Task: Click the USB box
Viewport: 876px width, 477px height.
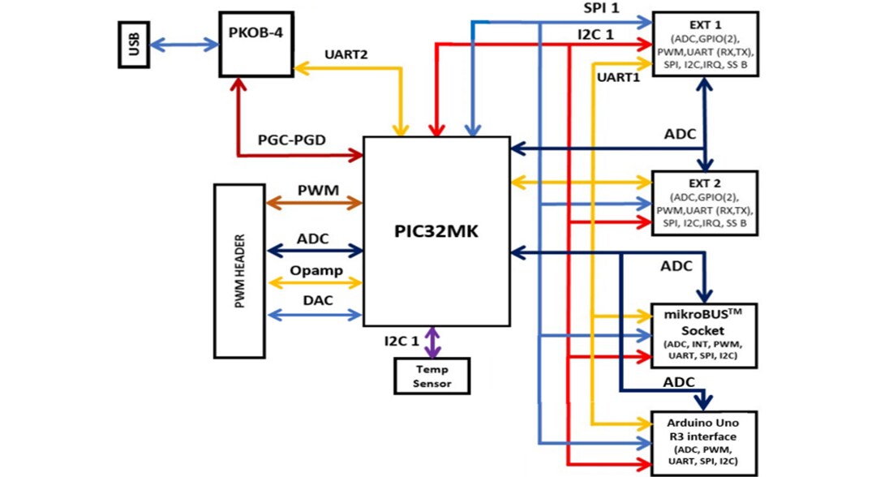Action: pos(131,46)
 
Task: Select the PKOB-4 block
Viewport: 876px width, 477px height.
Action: pos(255,45)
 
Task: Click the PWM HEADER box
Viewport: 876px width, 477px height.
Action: pos(240,270)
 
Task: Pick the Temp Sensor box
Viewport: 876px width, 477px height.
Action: pos(432,376)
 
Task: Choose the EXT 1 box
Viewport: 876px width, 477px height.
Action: pos(705,45)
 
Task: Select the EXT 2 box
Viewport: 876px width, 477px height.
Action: pos(705,203)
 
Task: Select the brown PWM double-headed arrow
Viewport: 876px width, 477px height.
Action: pos(314,204)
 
